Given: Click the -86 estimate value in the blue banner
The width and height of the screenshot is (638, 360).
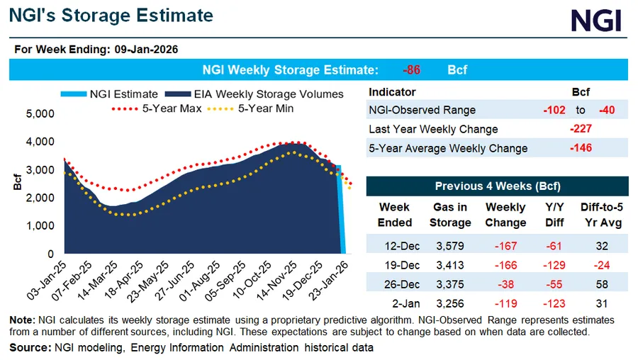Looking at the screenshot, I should [x=413, y=70].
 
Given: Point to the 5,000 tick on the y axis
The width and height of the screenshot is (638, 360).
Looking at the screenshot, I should [x=40, y=113].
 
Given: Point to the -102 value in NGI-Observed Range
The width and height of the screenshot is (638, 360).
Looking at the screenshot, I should [x=554, y=111].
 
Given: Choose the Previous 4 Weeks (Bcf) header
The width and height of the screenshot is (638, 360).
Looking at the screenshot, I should [x=497, y=186].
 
